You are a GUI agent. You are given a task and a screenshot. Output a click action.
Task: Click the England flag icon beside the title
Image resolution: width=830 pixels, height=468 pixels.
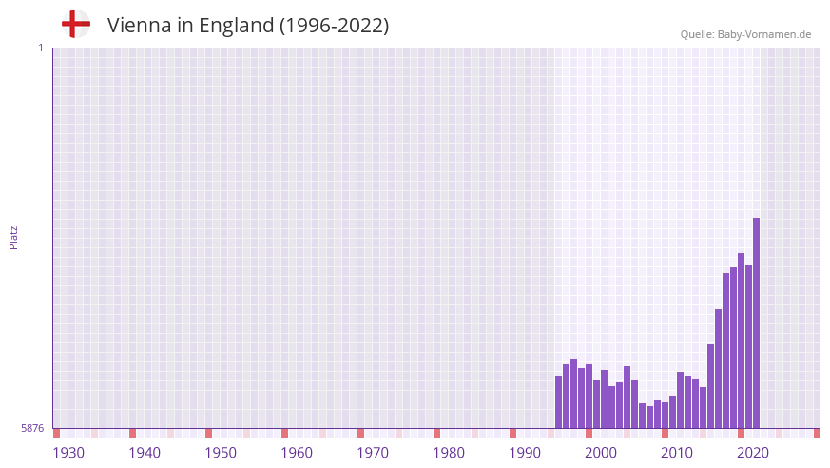click(75, 25)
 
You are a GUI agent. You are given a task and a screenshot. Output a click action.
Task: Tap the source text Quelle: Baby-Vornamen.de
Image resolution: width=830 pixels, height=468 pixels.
click(745, 34)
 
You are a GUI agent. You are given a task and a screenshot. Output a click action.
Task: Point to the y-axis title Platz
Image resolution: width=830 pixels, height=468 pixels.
click(13, 238)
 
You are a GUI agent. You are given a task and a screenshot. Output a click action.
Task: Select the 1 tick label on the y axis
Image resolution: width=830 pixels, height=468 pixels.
click(40, 48)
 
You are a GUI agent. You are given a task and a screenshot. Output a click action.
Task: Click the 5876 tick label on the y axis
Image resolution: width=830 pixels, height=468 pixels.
click(32, 429)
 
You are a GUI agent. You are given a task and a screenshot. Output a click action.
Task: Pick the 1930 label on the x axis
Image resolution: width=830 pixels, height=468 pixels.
click(68, 453)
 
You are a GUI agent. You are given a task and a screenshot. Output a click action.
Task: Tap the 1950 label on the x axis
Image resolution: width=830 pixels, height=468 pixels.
click(221, 453)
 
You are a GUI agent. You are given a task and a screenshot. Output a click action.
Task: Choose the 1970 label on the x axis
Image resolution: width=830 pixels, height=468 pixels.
click(373, 453)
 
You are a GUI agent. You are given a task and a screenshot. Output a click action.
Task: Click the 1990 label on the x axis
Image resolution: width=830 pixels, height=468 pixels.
click(525, 453)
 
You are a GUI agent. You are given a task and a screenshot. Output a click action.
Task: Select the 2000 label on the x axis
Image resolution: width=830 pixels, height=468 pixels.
click(601, 453)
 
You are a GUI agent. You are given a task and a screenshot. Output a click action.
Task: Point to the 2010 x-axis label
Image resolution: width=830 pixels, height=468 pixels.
click(677, 453)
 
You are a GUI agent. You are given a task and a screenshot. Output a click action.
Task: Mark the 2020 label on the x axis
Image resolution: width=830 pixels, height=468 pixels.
click(753, 453)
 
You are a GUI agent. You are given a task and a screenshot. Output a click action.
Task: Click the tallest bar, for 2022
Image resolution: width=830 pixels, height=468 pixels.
click(756, 323)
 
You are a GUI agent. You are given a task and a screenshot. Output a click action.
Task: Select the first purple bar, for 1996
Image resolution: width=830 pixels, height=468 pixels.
click(559, 402)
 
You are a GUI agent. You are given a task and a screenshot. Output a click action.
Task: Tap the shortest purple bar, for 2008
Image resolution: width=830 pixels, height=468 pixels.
click(650, 418)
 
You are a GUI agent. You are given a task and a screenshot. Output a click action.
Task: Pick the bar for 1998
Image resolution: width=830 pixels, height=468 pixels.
click(574, 394)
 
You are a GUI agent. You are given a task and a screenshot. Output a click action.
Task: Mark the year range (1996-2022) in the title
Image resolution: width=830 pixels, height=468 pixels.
click(334, 26)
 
